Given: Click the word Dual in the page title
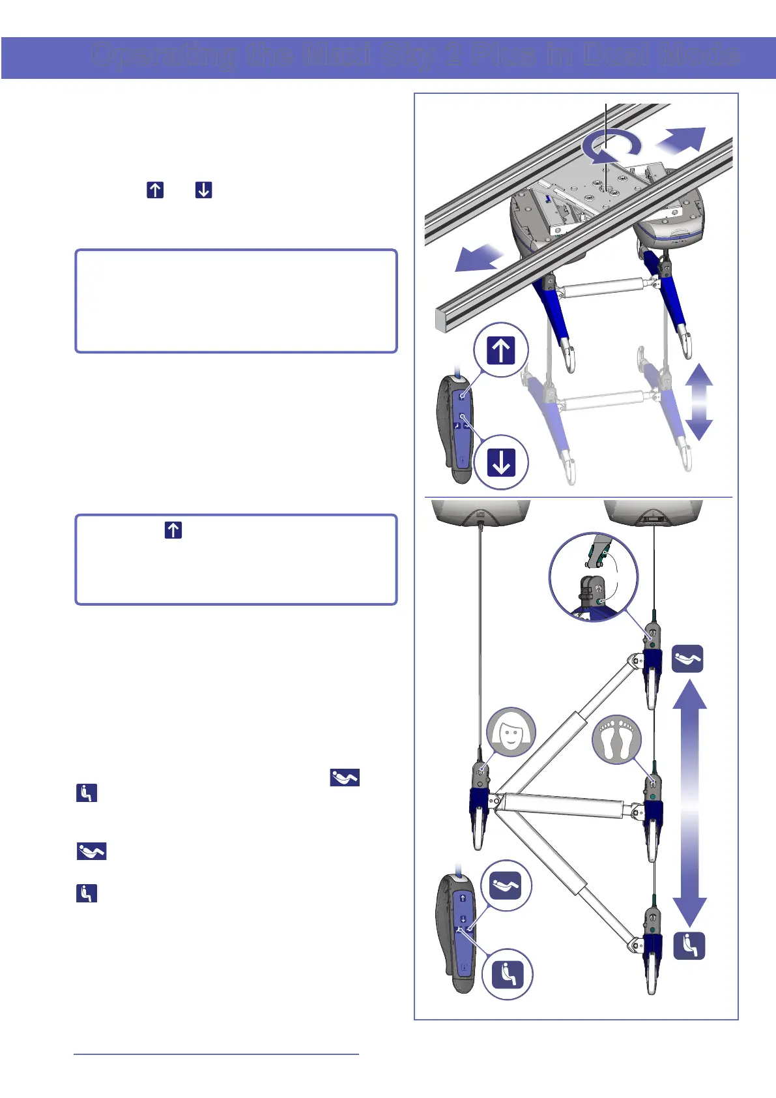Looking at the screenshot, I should tap(615, 55).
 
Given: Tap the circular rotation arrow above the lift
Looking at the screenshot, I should tap(611, 148).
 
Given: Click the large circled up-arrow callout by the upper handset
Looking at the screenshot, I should tap(500, 350).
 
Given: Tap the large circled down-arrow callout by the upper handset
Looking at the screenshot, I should tap(500, 462).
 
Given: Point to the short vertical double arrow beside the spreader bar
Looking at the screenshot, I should tap(698, 402).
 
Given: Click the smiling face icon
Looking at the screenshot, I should tap(511, 732).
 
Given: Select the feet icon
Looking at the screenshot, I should tap(616, 740).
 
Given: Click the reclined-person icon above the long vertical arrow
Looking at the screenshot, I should tap(688, 659).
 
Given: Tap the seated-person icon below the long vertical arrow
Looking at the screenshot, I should tap(689, 945).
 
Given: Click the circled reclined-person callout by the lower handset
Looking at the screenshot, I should tap(506, 885).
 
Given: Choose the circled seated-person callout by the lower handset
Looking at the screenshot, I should tap(507, 974).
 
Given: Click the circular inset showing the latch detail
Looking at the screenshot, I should tap(593, 578).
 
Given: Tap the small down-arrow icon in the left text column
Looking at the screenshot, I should tap(204, 190).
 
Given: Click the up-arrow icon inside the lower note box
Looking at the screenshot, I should tap(173, 530).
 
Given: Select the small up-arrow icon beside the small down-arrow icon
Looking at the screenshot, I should tap(155, 190).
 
